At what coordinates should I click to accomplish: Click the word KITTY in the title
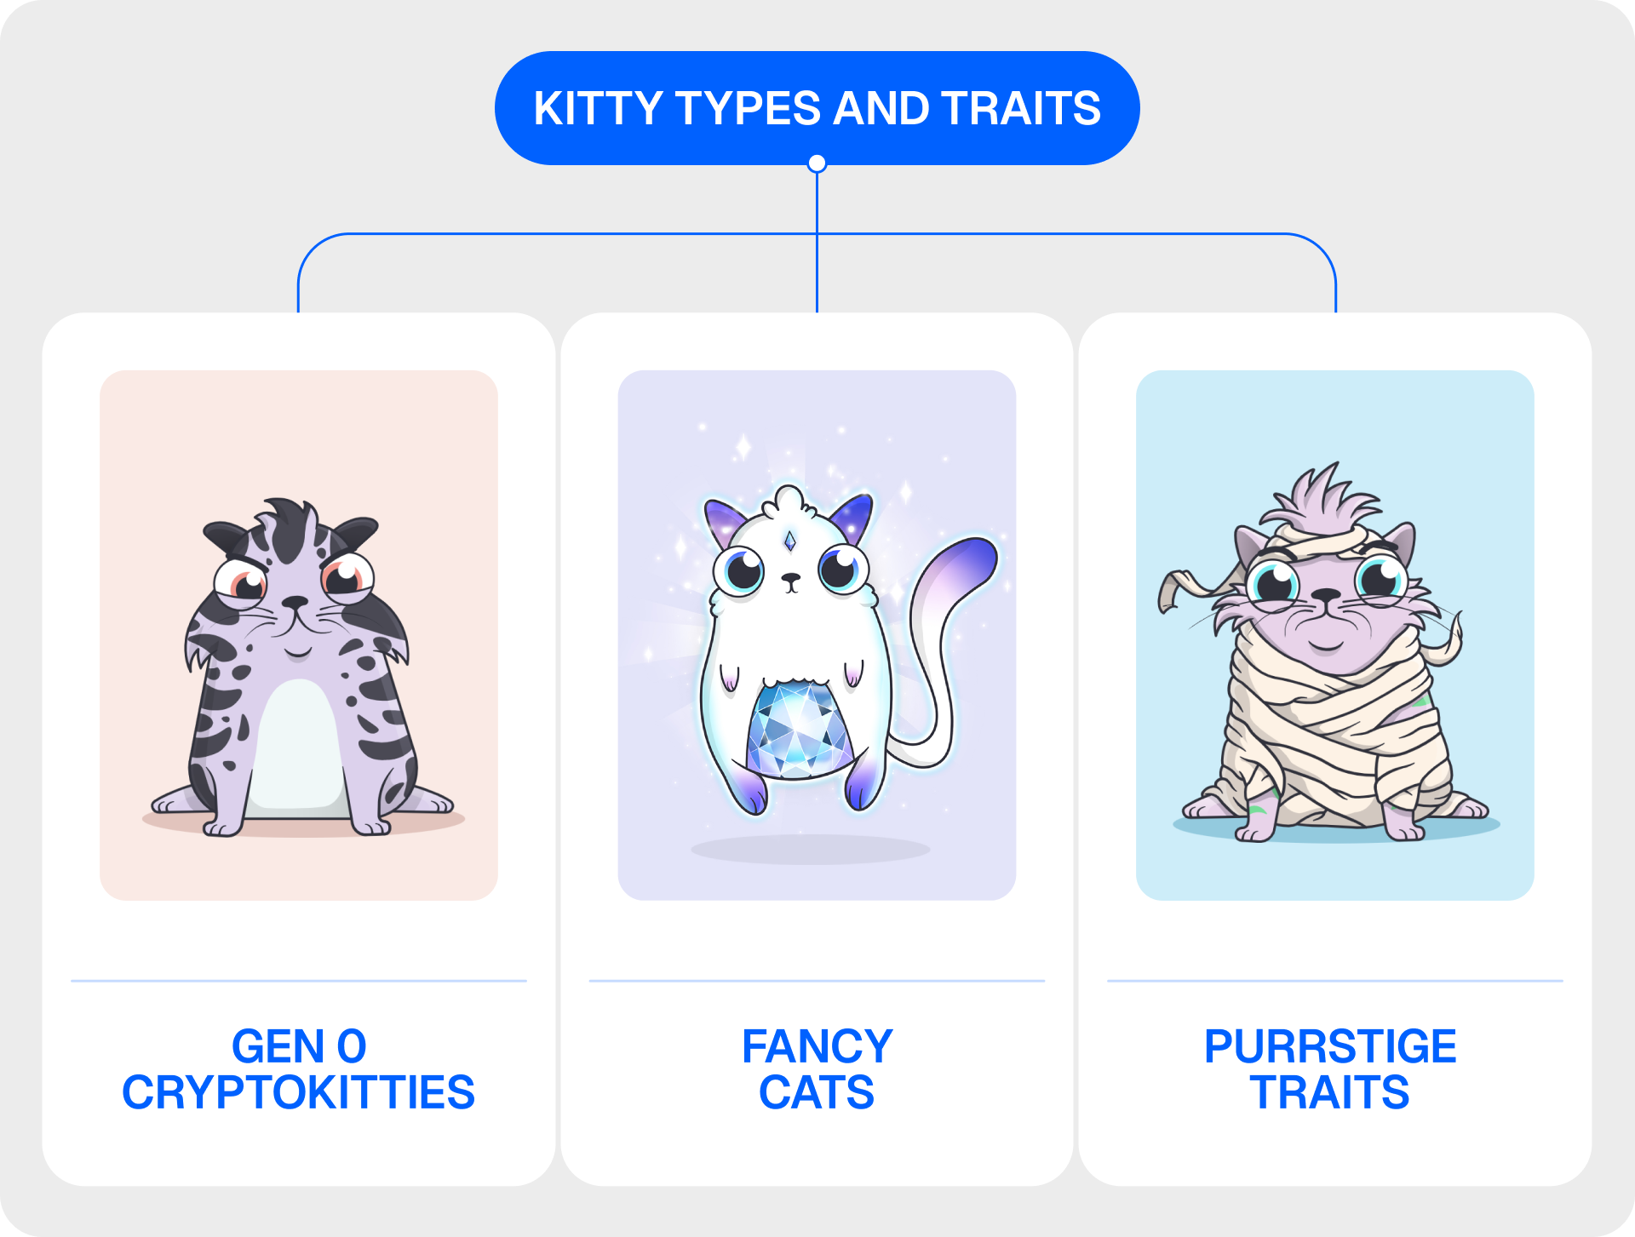coord(598,108)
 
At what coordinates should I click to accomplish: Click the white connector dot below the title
coord(817,163)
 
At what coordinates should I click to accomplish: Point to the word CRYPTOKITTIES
coord(298,1092)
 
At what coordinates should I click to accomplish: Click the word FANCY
coord(817,1046)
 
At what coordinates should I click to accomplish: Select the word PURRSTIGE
coord(1330,1046)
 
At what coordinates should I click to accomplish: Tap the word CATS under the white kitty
coord(817,1092)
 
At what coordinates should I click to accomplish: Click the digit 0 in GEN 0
coord(352,1046)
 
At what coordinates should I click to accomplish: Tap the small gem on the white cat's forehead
coord(790,541)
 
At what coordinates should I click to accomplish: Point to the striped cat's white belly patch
coord(298,745)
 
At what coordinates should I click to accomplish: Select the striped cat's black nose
coord(295,602)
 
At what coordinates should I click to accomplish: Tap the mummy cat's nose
coord(1326,595)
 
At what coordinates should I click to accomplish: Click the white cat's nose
coord(791,579)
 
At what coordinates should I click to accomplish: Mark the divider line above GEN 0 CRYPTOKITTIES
coord(298,981)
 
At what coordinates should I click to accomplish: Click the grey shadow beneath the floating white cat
coord(810,849)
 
